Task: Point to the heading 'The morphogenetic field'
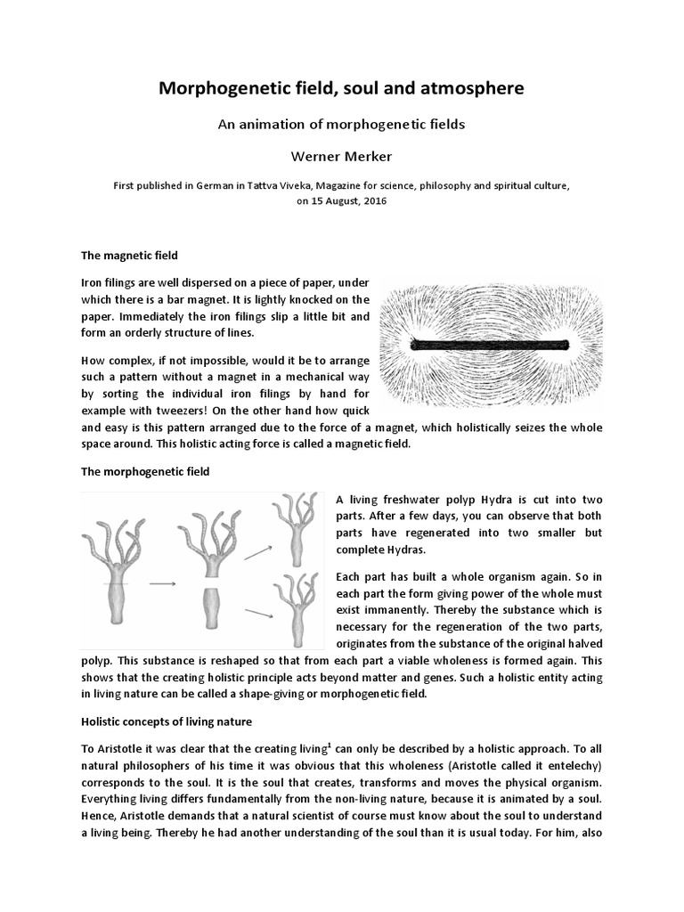pos(145,471)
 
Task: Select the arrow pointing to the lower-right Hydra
pos(257,614)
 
